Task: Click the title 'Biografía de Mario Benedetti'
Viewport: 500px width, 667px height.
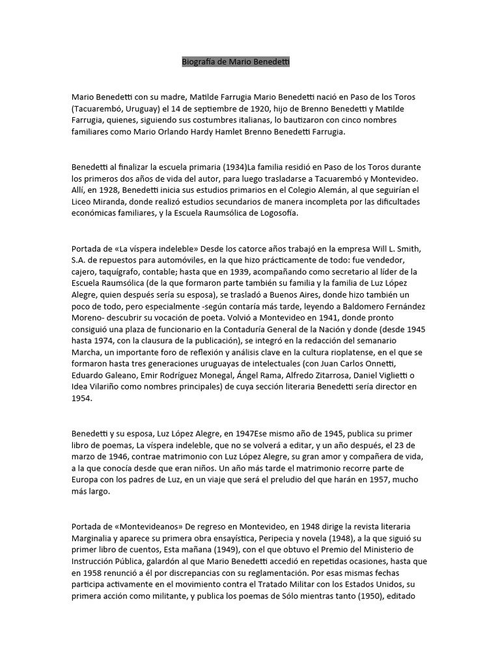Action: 236,62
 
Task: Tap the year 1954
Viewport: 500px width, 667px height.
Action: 82,401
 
